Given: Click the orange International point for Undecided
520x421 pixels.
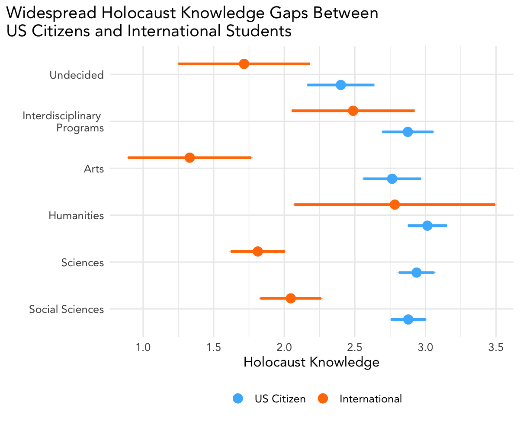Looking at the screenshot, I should pos(244,64).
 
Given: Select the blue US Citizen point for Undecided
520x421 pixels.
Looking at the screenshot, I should pos(341,85).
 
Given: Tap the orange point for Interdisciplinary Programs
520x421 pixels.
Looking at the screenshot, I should pos(353,111).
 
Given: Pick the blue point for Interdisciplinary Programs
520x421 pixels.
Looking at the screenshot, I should pos(408,132).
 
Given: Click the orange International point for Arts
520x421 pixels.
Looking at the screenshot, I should pos(189,158).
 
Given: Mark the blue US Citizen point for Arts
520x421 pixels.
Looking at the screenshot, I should pos(392,179).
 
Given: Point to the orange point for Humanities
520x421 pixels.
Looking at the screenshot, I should pos(395,204).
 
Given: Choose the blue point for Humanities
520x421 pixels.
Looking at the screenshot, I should pos(427,226).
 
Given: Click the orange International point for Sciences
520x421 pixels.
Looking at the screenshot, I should pos(258,252).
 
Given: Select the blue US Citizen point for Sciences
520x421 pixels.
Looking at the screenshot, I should pos(417,272).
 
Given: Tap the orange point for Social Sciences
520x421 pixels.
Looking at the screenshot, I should pos(291,298).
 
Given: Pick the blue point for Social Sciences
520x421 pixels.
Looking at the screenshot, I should pos(408,319).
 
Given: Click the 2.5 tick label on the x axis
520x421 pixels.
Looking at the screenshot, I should pos(355,347).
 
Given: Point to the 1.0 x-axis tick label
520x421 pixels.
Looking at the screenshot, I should pos(143,347).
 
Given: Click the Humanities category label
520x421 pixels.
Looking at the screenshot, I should pos(76,215).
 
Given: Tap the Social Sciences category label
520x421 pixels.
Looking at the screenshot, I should pos(66,309).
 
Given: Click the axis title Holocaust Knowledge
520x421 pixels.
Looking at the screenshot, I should pos(311,362).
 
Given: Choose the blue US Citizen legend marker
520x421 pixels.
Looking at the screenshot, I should pos(238,399).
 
